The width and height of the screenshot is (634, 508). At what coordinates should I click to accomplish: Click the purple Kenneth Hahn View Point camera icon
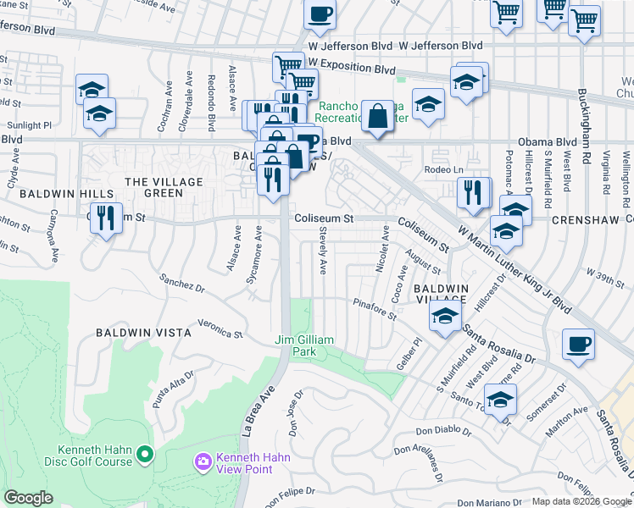coord(203,461)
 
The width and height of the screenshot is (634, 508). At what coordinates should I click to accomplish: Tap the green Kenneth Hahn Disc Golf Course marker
coord(145,456)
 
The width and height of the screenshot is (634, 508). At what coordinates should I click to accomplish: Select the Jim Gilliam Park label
coord(305,345)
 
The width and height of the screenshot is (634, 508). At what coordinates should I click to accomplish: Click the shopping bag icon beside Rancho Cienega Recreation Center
coord(375,116)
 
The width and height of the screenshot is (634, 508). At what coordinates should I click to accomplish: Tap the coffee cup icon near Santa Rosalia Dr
coord(578,345)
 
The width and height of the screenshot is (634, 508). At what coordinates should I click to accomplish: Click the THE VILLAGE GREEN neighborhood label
coord(164,187)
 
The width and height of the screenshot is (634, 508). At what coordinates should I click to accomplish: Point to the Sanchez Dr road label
coord(182,283)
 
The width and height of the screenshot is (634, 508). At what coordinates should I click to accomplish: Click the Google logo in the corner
coord(28,498)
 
